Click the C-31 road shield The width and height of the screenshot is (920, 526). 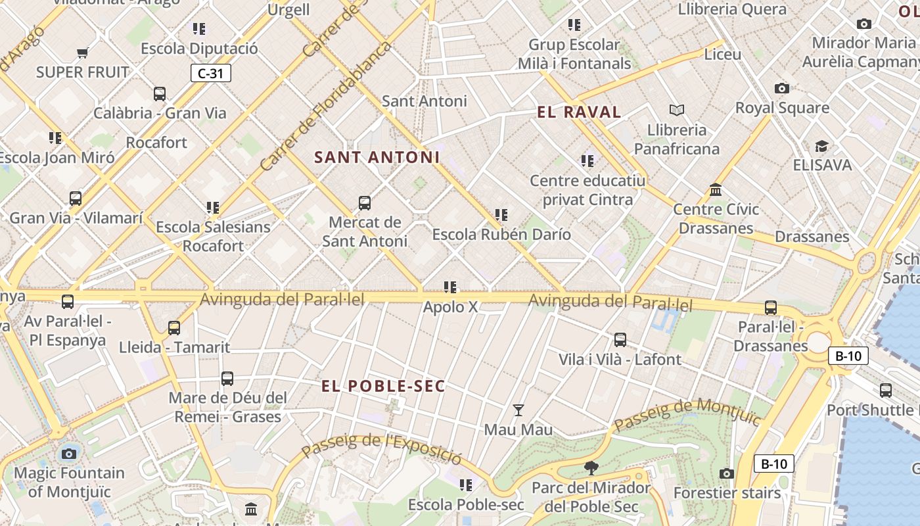211,73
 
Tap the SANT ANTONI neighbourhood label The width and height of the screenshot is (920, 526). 377,158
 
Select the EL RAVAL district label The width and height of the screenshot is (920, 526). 579,112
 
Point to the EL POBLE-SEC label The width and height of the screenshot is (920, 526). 384,386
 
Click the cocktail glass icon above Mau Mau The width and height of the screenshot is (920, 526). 518,410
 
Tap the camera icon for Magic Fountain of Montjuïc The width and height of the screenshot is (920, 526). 69,454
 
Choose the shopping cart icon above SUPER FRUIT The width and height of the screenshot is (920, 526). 83,53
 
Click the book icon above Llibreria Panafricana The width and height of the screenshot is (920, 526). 677,110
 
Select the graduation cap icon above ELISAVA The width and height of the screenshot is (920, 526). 821,146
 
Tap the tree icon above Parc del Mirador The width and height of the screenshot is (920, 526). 591,468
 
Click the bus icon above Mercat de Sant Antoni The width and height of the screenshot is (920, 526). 365,203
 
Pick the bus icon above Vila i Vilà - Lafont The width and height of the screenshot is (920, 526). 620,340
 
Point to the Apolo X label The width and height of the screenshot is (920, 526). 450,307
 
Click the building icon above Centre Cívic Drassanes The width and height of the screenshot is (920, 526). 716,190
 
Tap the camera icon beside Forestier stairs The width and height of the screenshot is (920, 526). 726,474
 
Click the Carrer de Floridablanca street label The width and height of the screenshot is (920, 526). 326,106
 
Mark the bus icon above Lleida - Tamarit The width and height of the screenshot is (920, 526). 174,327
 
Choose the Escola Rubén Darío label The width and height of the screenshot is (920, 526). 501,235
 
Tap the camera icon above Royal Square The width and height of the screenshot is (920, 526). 781,88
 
